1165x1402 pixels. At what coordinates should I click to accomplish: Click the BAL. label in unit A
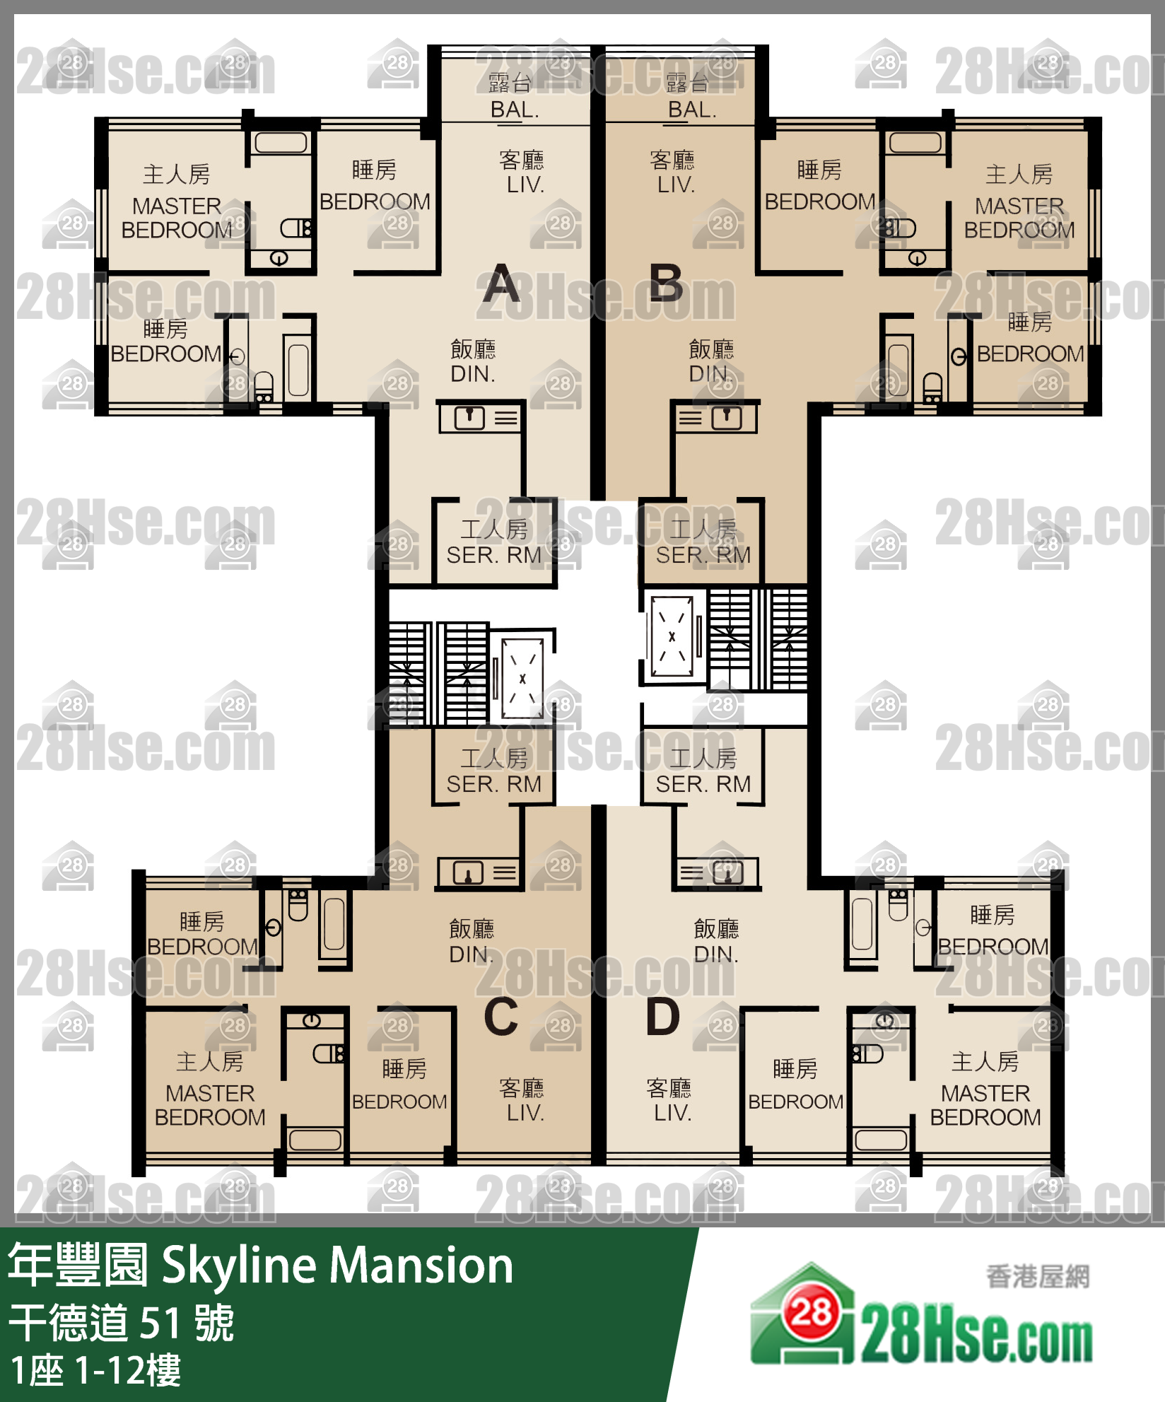click(x=515, y=110)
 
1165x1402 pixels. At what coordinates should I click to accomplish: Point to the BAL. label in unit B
click(x=692, y=110)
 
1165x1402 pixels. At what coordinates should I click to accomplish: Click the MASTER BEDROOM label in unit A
click(x=177, y=218)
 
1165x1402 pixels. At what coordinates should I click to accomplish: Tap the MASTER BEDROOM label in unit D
click(x=985, y=1105)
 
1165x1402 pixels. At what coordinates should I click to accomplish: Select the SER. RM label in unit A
click(x=493, y=555)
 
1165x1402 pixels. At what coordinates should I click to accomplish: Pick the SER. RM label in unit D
click(x=703, y=784)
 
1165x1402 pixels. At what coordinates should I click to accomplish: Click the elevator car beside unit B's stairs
click(x=672, y=637)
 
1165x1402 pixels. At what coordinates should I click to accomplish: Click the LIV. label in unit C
click(x=525, y=1113)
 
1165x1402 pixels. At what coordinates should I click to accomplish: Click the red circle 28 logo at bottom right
click(x=811, y=1314)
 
